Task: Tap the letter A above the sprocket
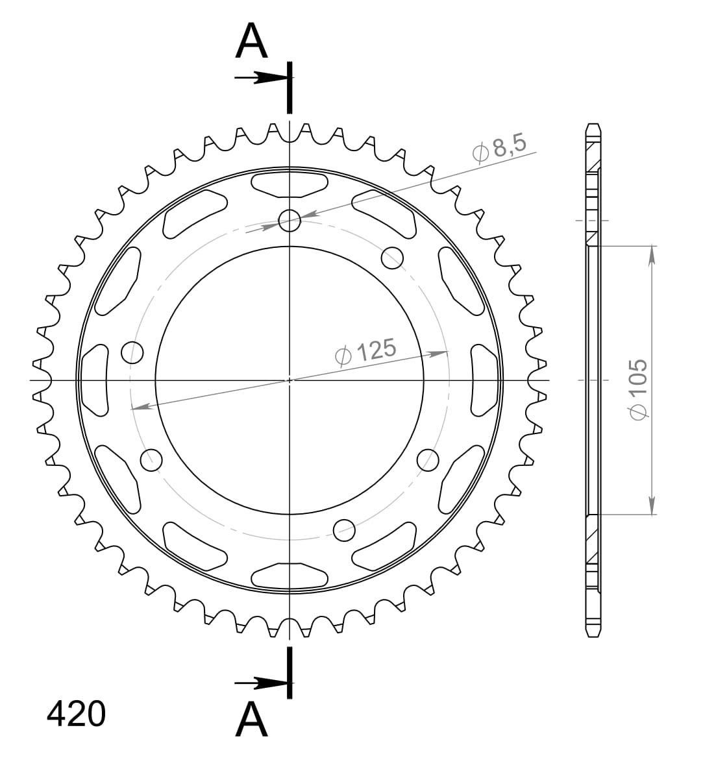point(251,42)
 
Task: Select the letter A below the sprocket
point(251,720)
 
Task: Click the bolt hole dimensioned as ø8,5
point(290,221)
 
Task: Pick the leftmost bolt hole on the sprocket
point(132,352)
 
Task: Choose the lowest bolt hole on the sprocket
point(344,530)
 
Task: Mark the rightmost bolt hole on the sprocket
point(427,459)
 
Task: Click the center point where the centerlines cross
point(290,380)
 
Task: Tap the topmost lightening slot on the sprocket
point(290,184)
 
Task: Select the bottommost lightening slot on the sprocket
point(290,575)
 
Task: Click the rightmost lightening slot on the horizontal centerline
point(484,380)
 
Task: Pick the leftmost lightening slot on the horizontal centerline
point(95,380)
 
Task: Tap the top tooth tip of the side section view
point(592,125)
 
